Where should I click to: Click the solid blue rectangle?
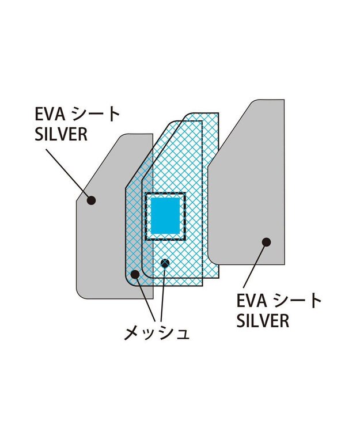pos(164,216)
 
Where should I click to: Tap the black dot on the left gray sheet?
pos(90,200)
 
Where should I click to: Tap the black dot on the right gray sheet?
pos(266,242)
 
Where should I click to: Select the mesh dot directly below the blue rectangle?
pos(165,263)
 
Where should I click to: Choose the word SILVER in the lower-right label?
pos(263,321)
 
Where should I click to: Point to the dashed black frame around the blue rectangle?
pos(145,216)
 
